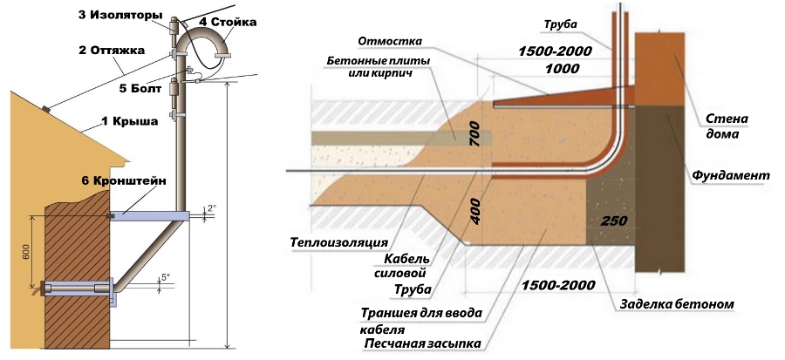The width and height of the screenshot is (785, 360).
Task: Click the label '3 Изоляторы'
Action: (119, 15)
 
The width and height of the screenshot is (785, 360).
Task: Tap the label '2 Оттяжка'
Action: (111, 50)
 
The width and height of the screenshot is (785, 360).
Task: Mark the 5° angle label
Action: (165, 277)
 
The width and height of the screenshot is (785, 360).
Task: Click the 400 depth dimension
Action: (475, 208)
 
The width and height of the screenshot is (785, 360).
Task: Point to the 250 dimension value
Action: (612, 221)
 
